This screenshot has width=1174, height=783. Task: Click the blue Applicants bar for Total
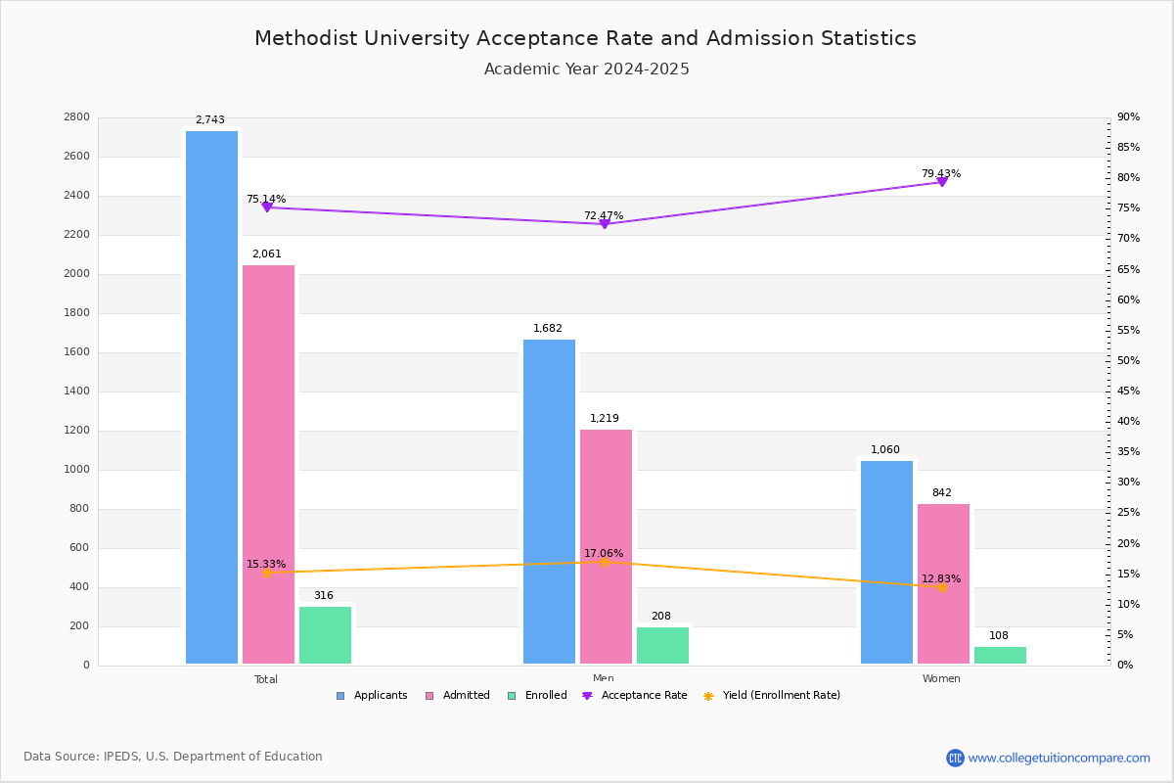(211, 397)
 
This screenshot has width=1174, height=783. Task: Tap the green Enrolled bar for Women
(1000, 655)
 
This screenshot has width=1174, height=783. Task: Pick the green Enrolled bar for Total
(325, 635)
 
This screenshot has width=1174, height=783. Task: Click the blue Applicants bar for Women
(886, 562)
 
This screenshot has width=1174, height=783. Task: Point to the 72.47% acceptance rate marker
(604, 224)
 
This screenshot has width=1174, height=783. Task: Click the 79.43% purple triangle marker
(941, 182)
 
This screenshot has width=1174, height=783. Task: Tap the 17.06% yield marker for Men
(604, 562)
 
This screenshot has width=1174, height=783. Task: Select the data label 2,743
(210, 120)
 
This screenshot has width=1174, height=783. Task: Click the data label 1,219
(604, 419)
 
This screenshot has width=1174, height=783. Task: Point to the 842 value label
(941, 493)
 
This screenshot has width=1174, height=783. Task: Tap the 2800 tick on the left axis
(78, 117)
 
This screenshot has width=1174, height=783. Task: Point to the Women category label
(941, 679)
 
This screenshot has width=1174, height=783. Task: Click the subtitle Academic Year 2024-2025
(587, 69)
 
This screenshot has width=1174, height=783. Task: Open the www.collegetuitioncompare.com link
(1059, 758)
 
